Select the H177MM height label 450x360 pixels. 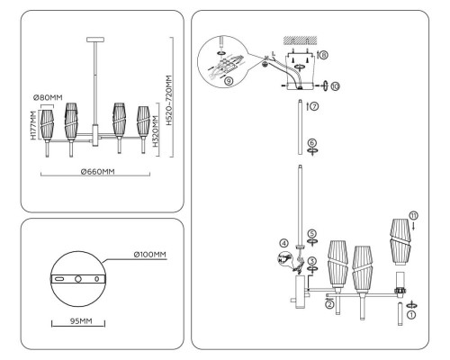pyautogui.click(x=33, y=126)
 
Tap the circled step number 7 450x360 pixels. pyautogui.click(x=312, y=106)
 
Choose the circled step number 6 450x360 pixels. pyautogui.click(x=311, y=142)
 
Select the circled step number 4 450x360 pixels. pyautogui.click(x=283, y=243)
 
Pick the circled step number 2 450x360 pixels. pyautogui.click(x=330, y=304)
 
